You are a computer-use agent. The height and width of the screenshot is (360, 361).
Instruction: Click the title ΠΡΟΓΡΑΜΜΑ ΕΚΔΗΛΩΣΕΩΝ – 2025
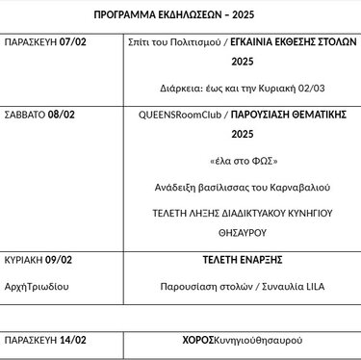click(180, 16)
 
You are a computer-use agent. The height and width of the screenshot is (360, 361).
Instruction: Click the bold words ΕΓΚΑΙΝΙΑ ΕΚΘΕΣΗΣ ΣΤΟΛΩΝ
click(290, 44)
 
